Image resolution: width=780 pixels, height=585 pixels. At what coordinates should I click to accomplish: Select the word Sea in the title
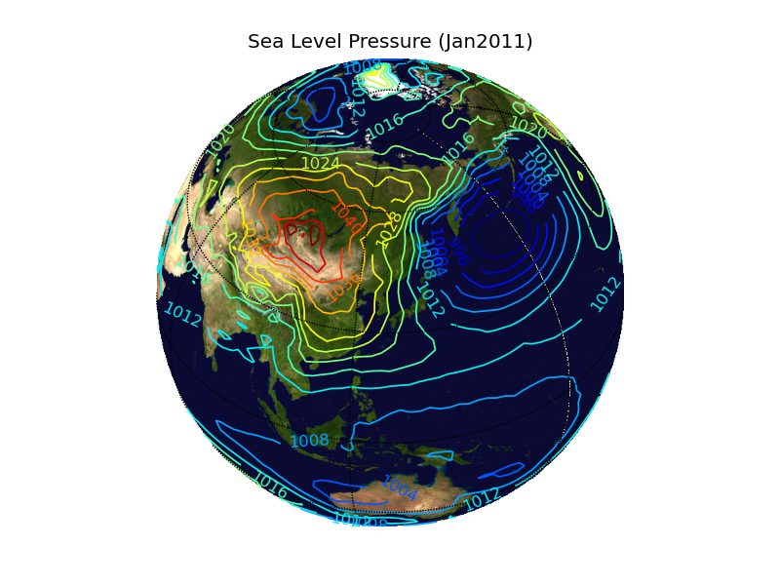coord(265,42)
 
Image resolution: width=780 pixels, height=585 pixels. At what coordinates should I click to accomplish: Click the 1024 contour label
coord(321,164)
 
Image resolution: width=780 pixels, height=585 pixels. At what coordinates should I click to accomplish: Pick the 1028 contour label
coord(390,227)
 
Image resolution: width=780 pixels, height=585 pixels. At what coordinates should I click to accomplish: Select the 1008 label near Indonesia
coord(309,441)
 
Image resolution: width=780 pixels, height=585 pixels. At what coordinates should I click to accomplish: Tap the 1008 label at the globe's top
coord(363,68)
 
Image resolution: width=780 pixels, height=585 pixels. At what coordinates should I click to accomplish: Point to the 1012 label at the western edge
coord(182,314)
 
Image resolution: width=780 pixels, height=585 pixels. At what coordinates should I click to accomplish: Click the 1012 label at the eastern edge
coord(605,293)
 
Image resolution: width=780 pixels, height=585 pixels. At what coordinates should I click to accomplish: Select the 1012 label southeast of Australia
coord(482,499)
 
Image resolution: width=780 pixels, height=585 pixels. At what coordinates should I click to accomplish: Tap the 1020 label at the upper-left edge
coord(220,140)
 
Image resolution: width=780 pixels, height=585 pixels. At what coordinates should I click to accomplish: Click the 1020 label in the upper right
coord(528,127)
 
